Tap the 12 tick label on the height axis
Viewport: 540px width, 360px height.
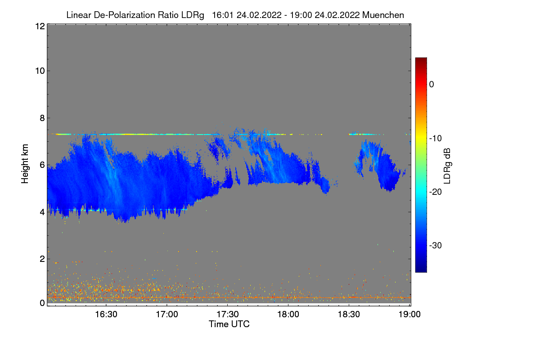point(39,26)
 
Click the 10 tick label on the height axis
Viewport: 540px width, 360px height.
point(39,71)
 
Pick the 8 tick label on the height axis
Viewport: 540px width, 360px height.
point(42,118)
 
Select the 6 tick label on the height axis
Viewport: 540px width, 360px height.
point(42,165)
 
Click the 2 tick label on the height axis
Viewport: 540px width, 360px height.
point(42,259)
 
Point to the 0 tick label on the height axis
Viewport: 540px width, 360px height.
point(42,303)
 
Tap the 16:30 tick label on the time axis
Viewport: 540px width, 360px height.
point(106,315)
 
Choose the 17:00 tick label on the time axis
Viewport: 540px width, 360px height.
point(167,315)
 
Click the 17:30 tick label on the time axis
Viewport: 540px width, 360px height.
point(228,315)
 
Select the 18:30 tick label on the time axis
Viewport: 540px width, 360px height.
point(349,315)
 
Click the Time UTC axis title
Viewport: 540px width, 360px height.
point(229,324)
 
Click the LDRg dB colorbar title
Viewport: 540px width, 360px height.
point(447,166)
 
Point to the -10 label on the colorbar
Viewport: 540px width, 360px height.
point(435,138)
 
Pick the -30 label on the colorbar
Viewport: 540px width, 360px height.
point(435,246)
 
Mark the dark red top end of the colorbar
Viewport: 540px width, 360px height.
point(421,59)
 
